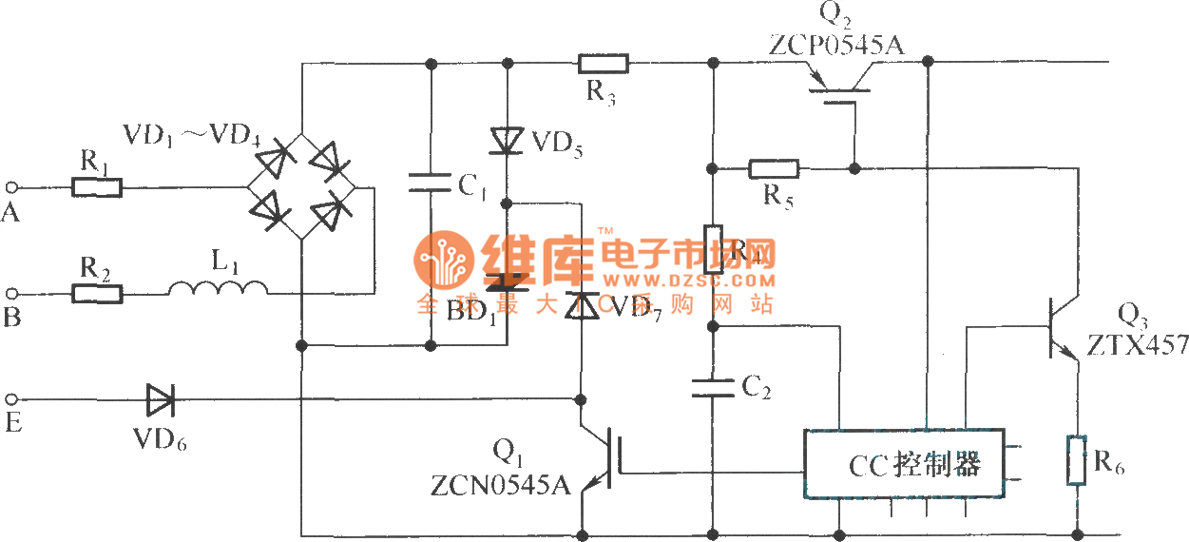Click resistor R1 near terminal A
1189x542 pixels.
tap(97, 187)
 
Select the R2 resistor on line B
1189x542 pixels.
tap(97, 294)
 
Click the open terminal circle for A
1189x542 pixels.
tap(12, 187)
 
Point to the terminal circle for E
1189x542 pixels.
tap(12, 399)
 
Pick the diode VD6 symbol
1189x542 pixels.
tap(160, 399)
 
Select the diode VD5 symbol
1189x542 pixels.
tap(507, 141)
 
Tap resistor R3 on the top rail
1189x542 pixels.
tap(604, 64)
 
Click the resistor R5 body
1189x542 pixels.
tap(774, 168)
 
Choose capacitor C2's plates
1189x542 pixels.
tap(712, 386)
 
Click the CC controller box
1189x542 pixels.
tap(905, 463)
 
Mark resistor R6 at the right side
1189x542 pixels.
tap(1077, 461)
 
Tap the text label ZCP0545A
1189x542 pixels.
tap(837, 45)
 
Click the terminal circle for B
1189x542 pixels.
tap(12, 294)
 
